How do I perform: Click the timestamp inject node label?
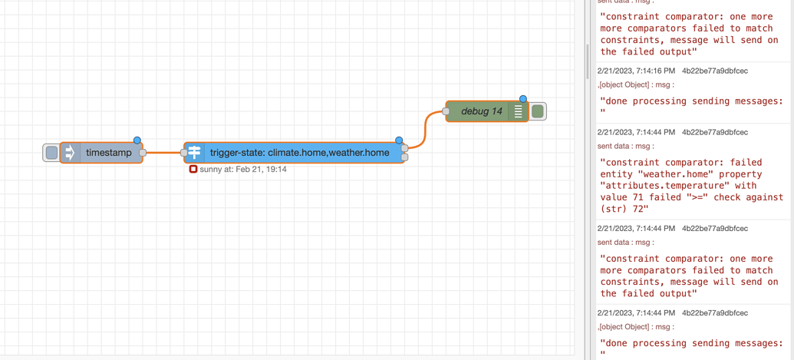pyautogui.click(x=108, y=153)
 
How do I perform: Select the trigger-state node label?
pyautogui.click(x=299, y=153)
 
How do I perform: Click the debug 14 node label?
pyautogui.click(x=481, y=111)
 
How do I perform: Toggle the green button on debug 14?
pyautogui.click(x=538, y=111)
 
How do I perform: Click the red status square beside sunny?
pyautogui.click(x=193, y=169)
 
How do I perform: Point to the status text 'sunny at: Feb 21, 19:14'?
pyautogui.click(x=242, y=169)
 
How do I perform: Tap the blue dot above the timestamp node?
pyautogui.click(x=137, y=140)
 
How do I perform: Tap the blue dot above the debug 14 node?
pyautogui.click(x=523, y=99)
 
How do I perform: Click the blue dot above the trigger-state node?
pyautogui.click(x=399, y=140)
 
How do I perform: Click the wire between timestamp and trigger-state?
pyautogui.click(x=163, y=153)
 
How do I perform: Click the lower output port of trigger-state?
pyautogui.click(x=405, y=157)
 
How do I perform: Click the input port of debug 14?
pyautogui.click(x=446, y=111)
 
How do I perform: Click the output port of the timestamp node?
pyautogui.click(x=143, y=153)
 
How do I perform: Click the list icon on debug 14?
pyautogui.click(x=519, y=111)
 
